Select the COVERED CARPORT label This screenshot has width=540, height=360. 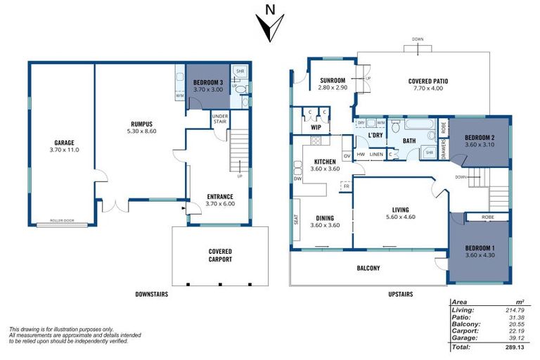[x=220, y=255]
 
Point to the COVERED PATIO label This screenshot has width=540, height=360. [x=427, y=82]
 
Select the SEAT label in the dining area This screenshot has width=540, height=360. [x=294, y=220]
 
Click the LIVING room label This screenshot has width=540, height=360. [x=406, y=210]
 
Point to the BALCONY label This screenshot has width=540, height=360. [x=368, y=268]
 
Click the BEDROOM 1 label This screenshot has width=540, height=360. [x=480, y=248]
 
